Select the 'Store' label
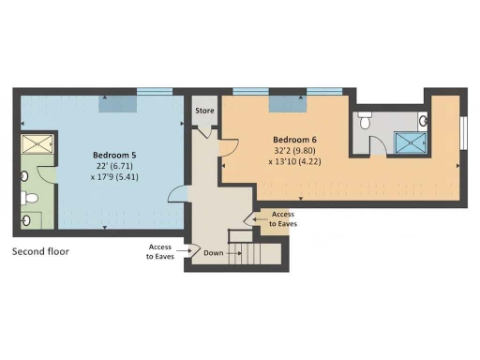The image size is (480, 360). tap(204, 111)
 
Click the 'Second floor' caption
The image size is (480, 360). tap(40, 251)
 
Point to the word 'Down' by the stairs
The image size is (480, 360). tap(214, 252)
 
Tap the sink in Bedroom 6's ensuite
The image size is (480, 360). tap(423, 121)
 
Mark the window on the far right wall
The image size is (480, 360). tap(464, 132)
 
